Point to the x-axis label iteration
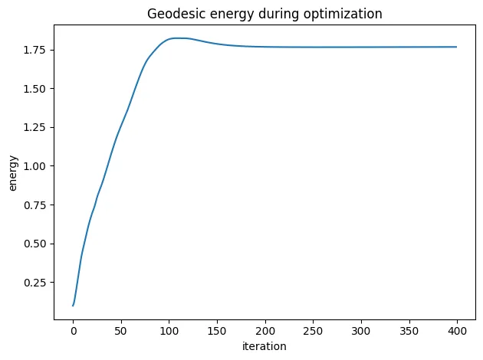click(x=264, y=346)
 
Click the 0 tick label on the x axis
click(x=74, y=332)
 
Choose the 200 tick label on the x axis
click(x=265, y=332)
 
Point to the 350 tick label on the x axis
click(x=409, y=332)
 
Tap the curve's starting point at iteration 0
click(x=74, y=306)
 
